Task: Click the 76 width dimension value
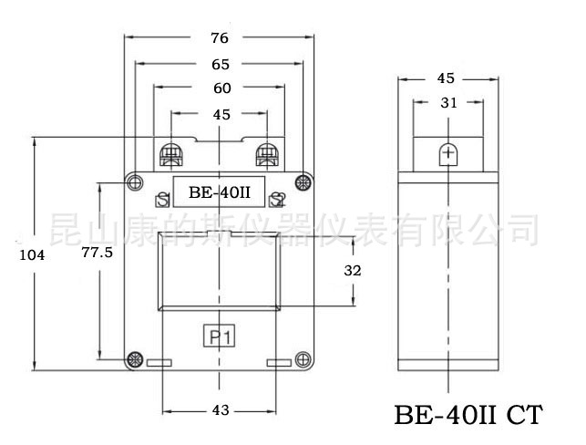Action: pyautogui.click(x=219, y=38)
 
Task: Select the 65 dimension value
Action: pyautogui.click(x=219, y=65)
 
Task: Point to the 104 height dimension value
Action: pyautogui.click(x=32, y=255)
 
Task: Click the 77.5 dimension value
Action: pyautogui.click(x=96, y=253)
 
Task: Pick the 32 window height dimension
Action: pyautogui.click(x=354, y=271)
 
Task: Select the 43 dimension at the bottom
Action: pyautogui.click(x=220, y=410)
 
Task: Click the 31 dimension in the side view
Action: pyautogui.click(x=448, y=103)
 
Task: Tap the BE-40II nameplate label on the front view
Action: pyautogui.click(x=219, y=192)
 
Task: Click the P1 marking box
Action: pyautogui.click(x=219, y=337)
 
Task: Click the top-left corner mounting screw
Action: pyautogui.click(x=135, y=181)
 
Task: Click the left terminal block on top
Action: pyautogui.click(x=170, y=153)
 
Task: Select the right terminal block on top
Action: pyautogui.click(x=268, y=153)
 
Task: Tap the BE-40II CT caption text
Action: pyautogui.click(x=468, y=416)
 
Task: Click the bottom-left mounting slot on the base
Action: pyautogui.click(x=159, y=365)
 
